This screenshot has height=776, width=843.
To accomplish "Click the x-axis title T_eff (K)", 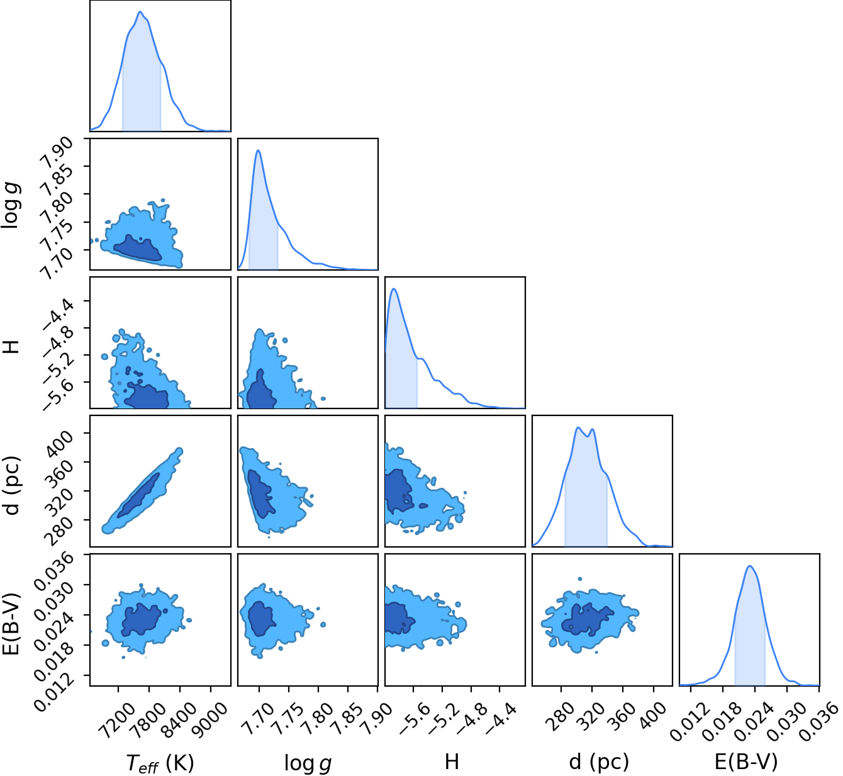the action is point(160,762).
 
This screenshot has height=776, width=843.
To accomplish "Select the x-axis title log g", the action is point(308,762).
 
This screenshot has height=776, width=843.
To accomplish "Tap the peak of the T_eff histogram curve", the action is point(140,11).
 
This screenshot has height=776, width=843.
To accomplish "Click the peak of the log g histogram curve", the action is point(258,150).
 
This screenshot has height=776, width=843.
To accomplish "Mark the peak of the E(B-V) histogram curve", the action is point(750,566).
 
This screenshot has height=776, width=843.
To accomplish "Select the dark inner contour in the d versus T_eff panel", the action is point(138,495).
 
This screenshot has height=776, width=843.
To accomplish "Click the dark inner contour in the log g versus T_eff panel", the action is point(138,249).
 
